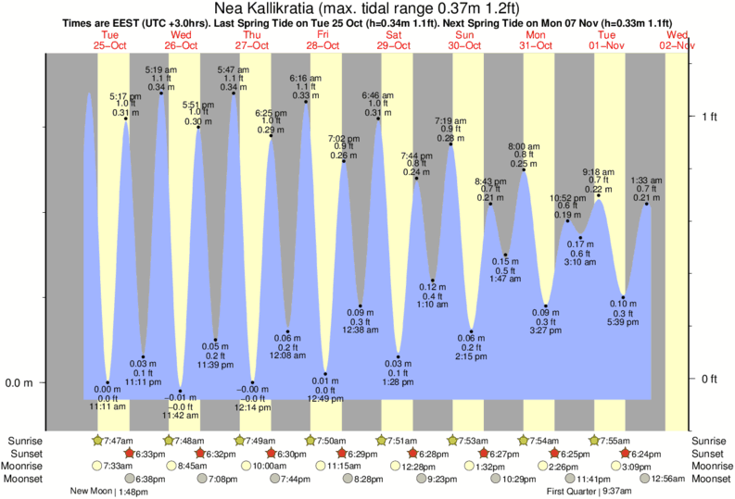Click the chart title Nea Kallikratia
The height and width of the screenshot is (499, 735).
pyautogui.click(x=367, y=8)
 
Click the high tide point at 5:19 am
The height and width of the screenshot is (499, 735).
pyautogui.click(x=162, y=93)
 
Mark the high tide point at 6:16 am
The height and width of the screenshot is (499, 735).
pyautogui.click(x=306, y=101)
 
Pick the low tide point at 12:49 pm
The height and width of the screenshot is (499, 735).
pyautogui.click(x=324, y=374)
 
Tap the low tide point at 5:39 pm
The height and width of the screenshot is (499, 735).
pyautogui.click(x=624, y=298)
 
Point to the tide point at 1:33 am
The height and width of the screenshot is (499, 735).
pyautogui.click(x=647, y=203)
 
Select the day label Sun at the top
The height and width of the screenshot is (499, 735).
pyautogui.click(x=464, y=35)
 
